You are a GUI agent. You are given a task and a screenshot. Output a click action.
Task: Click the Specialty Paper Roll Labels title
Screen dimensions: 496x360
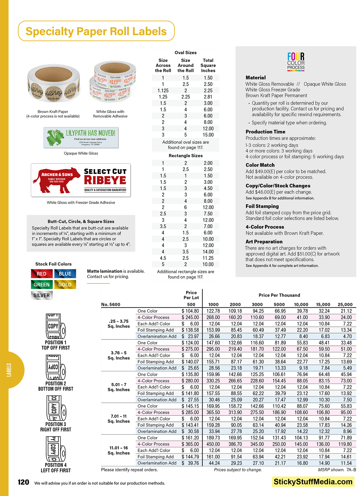coord(96,31)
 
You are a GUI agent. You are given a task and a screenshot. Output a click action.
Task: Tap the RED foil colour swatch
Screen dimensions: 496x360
coord(42,274)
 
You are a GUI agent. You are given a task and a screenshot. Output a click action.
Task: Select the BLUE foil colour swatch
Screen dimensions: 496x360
coord(65,274)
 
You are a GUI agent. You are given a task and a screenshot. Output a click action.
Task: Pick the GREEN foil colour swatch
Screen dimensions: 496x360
coord(42,285)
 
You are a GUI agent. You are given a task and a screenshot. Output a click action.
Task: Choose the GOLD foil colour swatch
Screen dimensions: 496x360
coord(65,285)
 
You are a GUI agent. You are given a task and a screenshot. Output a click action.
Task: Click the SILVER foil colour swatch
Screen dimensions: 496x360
coord(42,295)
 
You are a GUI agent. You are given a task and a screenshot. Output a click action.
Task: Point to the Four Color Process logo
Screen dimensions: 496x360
coord(296,61)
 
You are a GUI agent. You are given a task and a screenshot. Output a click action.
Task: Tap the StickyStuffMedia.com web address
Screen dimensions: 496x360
coord(313,482)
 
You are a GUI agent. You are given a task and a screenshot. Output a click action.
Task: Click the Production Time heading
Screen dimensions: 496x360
coord(265,132)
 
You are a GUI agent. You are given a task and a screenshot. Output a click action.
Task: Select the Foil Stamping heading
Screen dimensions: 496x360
coord(262,206)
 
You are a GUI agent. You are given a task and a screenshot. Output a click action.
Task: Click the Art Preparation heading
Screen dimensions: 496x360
coord(264,242)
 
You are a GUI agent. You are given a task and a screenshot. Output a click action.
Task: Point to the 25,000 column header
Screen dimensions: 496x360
coord(345,304)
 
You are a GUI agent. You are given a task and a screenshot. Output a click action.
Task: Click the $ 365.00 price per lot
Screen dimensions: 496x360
coord(190,444)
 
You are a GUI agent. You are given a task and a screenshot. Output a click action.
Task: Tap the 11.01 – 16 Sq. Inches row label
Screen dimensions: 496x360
coord(119,450)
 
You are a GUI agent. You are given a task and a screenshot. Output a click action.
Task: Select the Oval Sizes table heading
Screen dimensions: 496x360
coord(186,53)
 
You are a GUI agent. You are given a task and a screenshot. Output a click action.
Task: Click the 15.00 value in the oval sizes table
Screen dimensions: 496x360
coord(208,135)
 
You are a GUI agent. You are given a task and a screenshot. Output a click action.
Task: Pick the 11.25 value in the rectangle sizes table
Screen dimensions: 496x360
coord(208,258)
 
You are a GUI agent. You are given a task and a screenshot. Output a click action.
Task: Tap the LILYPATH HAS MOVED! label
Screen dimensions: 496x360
coord(81,137)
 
